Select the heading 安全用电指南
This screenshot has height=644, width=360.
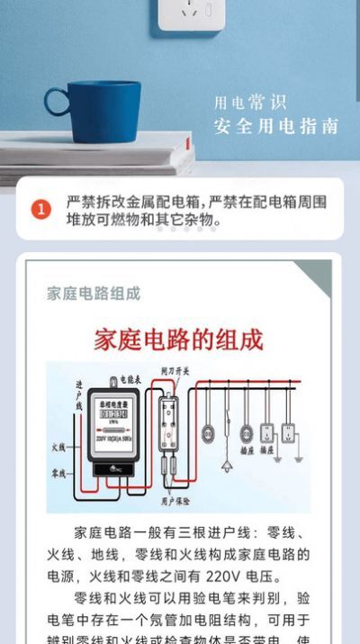(276, 126)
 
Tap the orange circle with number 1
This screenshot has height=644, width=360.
(41, 209)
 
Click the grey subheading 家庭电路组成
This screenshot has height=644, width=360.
(94, 294)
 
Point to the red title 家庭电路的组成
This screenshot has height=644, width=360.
(179, 340)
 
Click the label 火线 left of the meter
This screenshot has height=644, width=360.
(59, 448)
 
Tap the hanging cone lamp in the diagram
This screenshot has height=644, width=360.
(226, 466)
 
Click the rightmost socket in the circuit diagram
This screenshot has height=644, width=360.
(288, 432)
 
